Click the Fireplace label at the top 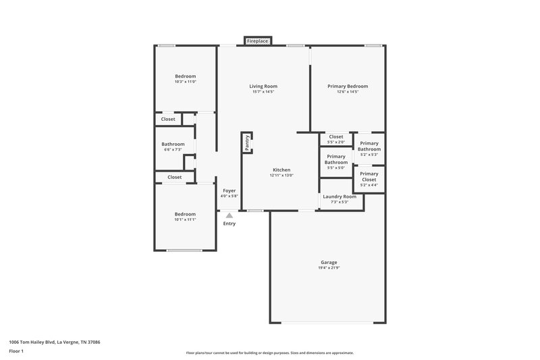coord(257,41)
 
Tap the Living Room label coord(263,86)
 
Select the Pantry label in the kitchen coord(248,143)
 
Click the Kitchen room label coord(281,169)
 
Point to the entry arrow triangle coord(230,215)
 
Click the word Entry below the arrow coord(230,224)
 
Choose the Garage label coord(329,262)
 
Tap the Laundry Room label coord(339,197)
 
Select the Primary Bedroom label coord(348,86)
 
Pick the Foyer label coord(230,191)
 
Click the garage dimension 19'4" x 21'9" coord(329,268)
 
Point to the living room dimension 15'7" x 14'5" coord(263,93)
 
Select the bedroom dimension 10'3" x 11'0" coord(186,82)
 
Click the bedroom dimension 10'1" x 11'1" coord(186,220)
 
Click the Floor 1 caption coord(16,352)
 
